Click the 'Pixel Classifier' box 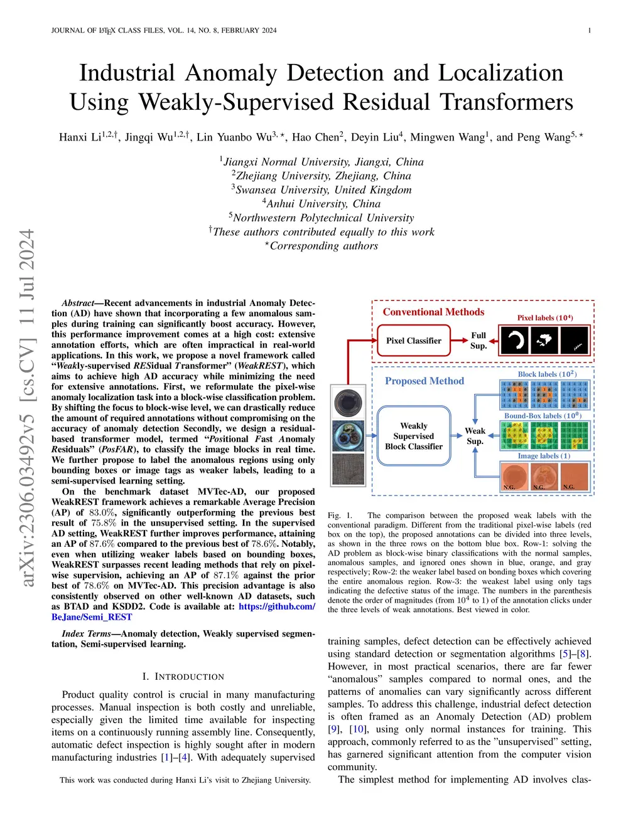coord(414,341)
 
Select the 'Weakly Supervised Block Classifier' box coord(414,436)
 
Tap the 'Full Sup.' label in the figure coord(478,341)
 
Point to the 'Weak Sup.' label coord(475,436)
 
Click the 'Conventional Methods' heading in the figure coord(433,312)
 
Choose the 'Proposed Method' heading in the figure coord(424,381)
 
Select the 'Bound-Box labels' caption coord(543,415)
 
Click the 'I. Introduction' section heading coord(183,677)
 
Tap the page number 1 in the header coord(589,30)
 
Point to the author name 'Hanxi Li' coord(80,137)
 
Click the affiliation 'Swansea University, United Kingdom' coord(323,190)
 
